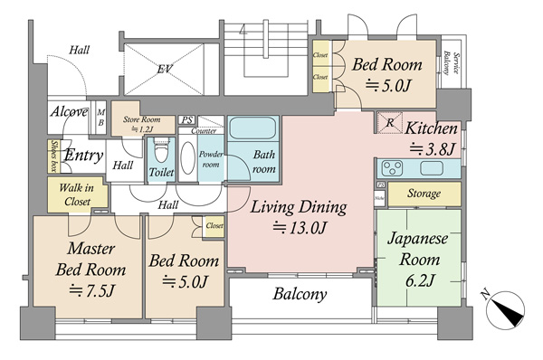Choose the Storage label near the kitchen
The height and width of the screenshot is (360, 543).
click(x=424, y=194)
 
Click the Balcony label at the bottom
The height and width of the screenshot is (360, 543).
click(x=300, y=295)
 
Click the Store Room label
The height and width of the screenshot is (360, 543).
click(x=144, y=121)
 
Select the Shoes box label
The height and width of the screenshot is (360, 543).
click(x=54, y=156)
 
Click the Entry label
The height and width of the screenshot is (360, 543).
click(x=82, y=156)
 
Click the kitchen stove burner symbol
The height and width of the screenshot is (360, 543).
click(x=394, y=168)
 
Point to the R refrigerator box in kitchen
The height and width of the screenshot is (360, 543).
click(x=388, y=121)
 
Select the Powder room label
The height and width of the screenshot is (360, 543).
click(x=211, y=160)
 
